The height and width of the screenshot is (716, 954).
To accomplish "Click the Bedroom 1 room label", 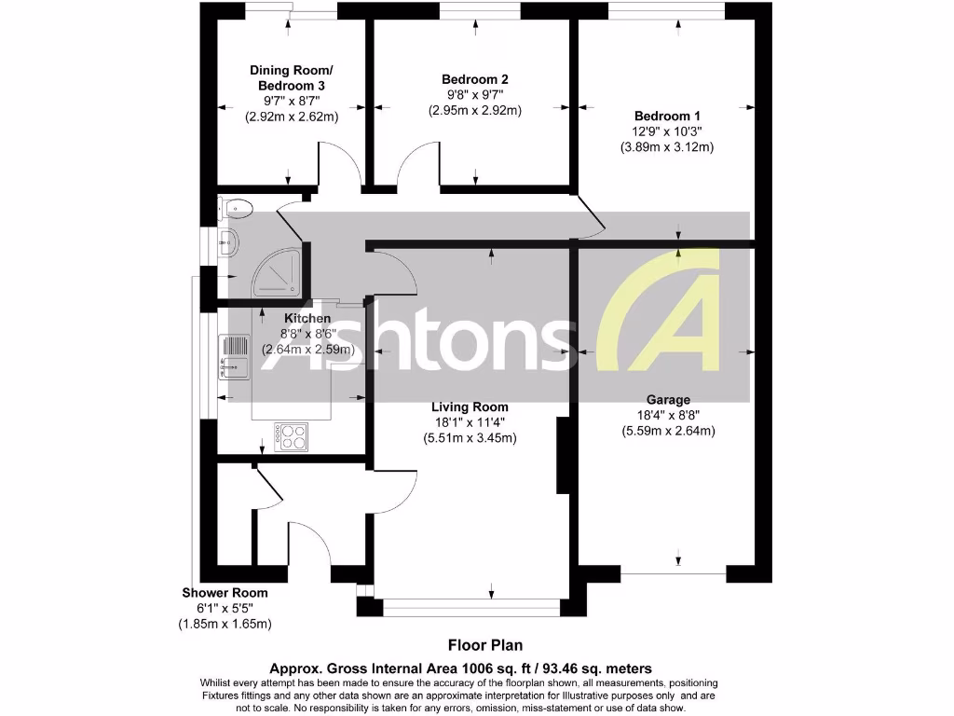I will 667,116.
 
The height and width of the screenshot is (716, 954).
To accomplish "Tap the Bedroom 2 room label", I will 474,79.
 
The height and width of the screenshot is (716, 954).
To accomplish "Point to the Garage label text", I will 668,399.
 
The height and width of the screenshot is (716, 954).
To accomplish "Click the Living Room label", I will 470,406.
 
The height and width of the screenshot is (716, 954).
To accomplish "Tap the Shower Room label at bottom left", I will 225,593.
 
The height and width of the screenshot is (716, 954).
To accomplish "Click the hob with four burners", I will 292,436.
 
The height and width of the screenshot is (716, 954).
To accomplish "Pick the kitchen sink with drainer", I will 234,358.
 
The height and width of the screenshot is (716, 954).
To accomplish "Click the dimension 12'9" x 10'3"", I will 667,131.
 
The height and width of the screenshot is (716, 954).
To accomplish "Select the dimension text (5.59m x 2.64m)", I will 668,431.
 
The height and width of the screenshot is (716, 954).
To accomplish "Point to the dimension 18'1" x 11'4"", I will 470,422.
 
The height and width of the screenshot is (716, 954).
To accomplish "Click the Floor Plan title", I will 485,644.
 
